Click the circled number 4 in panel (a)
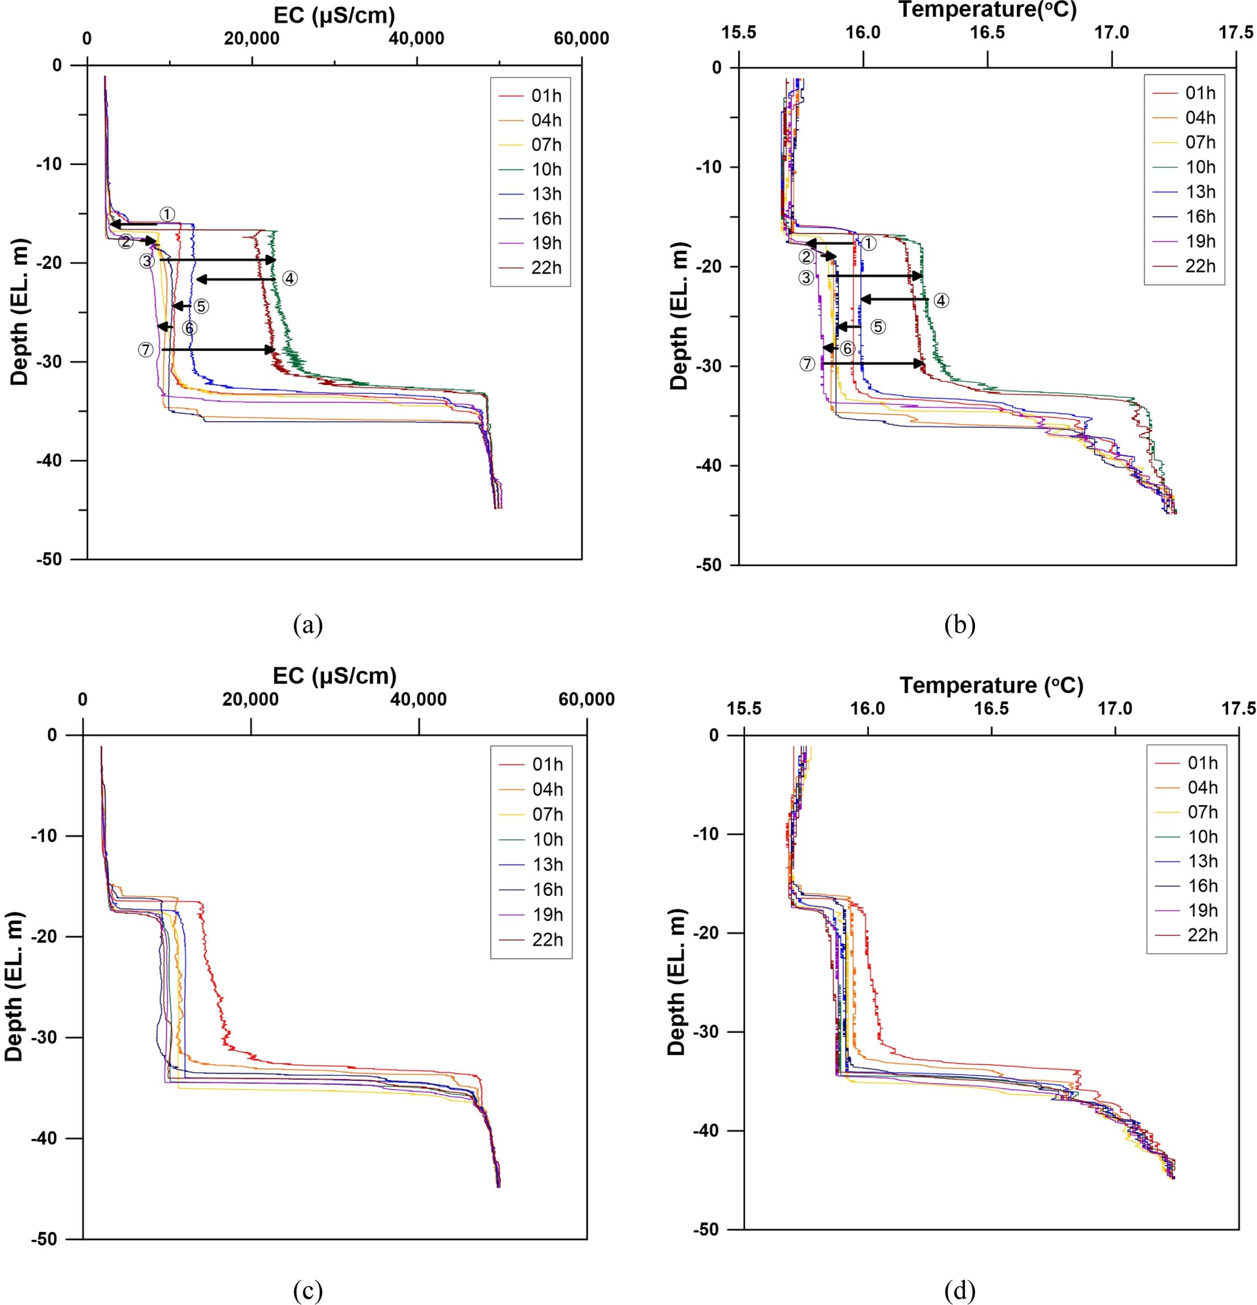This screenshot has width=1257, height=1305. click(x=289, y=278)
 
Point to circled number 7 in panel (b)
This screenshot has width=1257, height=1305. click(x=807, y=364)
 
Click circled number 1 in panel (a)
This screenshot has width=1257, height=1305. click(x=167, y=214)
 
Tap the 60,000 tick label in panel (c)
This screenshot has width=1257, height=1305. click(x=586, y=700)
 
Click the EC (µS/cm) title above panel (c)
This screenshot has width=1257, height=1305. click(x=335, y=675)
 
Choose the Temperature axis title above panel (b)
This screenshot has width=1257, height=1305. click(x=987, y=10)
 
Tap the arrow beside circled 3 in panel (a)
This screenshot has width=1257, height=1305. click(x=217, y=260)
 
